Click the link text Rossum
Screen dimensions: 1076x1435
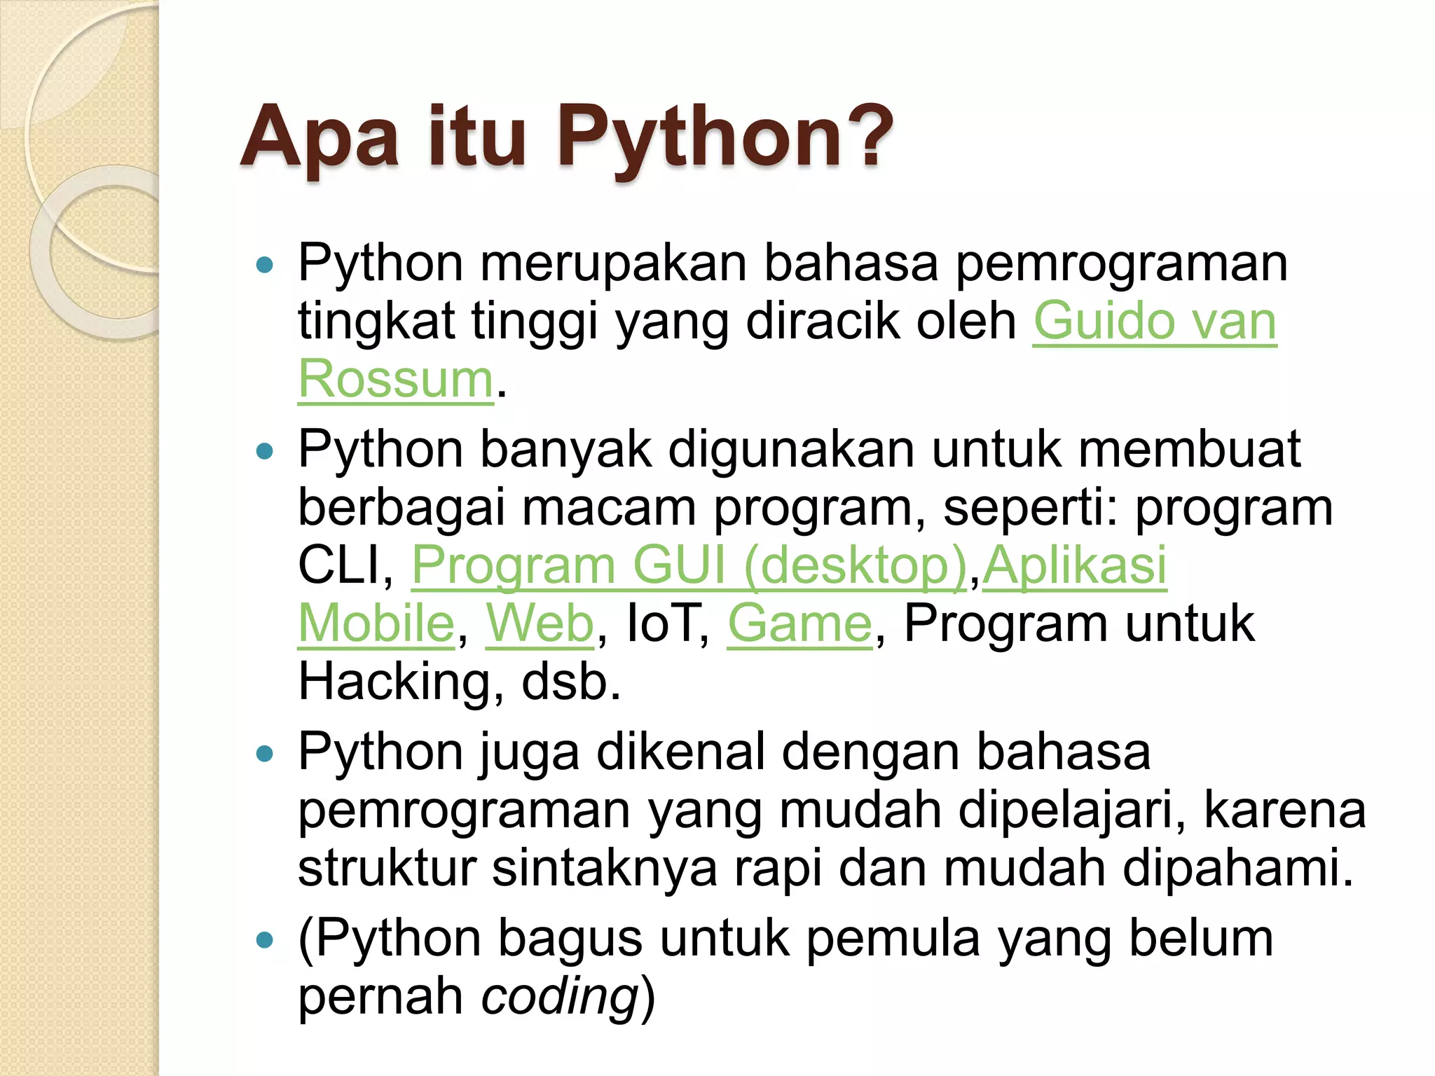coord(396,379)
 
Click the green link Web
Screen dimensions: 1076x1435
coord(540,623)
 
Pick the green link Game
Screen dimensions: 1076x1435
coord(799,623)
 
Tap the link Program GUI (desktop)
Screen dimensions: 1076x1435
coord(689,565)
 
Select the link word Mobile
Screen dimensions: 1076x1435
coord(376,623)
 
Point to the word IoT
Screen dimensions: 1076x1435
coord(666,623)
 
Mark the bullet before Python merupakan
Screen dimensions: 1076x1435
coord(265,265)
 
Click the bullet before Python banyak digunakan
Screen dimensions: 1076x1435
coord(265,451)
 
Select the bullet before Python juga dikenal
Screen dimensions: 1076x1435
coord(265,754)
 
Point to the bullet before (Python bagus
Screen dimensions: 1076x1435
coord(265,940)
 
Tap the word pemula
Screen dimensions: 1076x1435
coord(893,939)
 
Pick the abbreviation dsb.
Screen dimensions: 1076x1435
coord(571,682)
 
